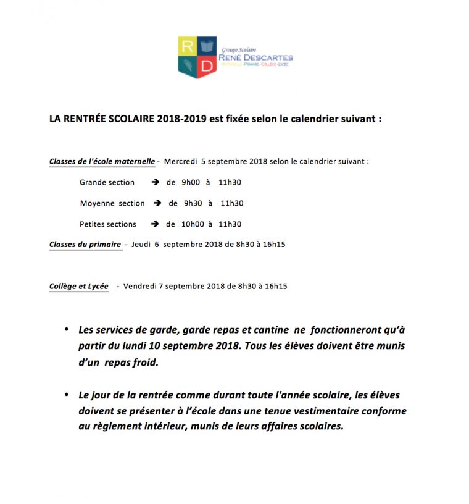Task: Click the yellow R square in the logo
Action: tap(187, 46)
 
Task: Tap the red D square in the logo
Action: tap(207, 67)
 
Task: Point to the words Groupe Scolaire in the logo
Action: tap(238, 49)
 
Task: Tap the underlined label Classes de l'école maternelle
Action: tap(102, 162)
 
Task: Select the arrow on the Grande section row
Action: tap(156, 182)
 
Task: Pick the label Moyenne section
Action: tap(112, 203)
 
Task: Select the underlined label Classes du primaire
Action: tap(85, 245)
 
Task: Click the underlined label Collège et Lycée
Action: tap(78, 287)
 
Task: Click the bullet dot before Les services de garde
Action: tap(67, 330)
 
